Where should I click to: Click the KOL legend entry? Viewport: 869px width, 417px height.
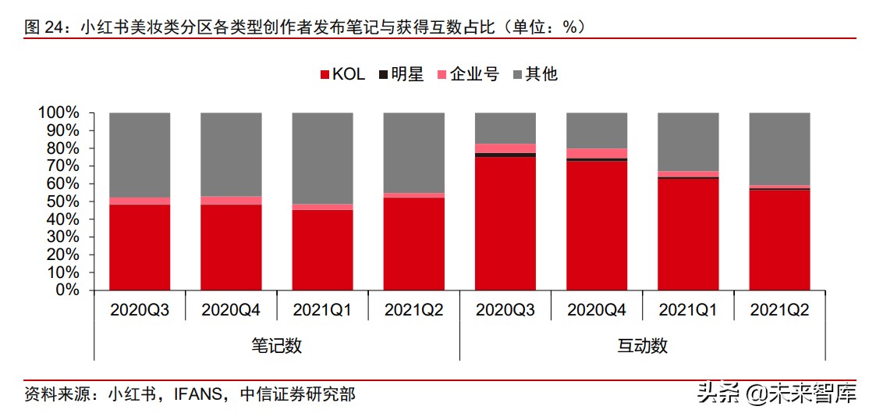coord(342,74)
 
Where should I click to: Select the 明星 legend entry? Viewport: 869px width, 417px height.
coord(401,74)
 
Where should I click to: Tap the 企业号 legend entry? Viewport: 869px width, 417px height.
coord(466,74)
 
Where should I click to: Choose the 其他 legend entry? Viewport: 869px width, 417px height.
coord(534,74)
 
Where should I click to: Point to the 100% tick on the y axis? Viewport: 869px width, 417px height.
coord(59,112)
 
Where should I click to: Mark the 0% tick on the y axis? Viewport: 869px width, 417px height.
coord(66,290)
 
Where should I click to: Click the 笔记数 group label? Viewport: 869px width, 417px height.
coord(276,346)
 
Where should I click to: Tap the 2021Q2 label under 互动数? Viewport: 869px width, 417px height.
coord(779,310)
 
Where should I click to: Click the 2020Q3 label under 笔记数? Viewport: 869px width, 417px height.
coord(140,310)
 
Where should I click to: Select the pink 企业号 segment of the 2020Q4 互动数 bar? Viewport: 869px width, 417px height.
coord(597,153)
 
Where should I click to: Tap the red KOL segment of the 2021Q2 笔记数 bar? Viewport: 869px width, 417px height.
coord(414,243)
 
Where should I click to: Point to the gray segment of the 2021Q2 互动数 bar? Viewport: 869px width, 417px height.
coord(779,148)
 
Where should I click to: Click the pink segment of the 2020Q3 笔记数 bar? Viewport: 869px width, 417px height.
coord(140,201)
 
